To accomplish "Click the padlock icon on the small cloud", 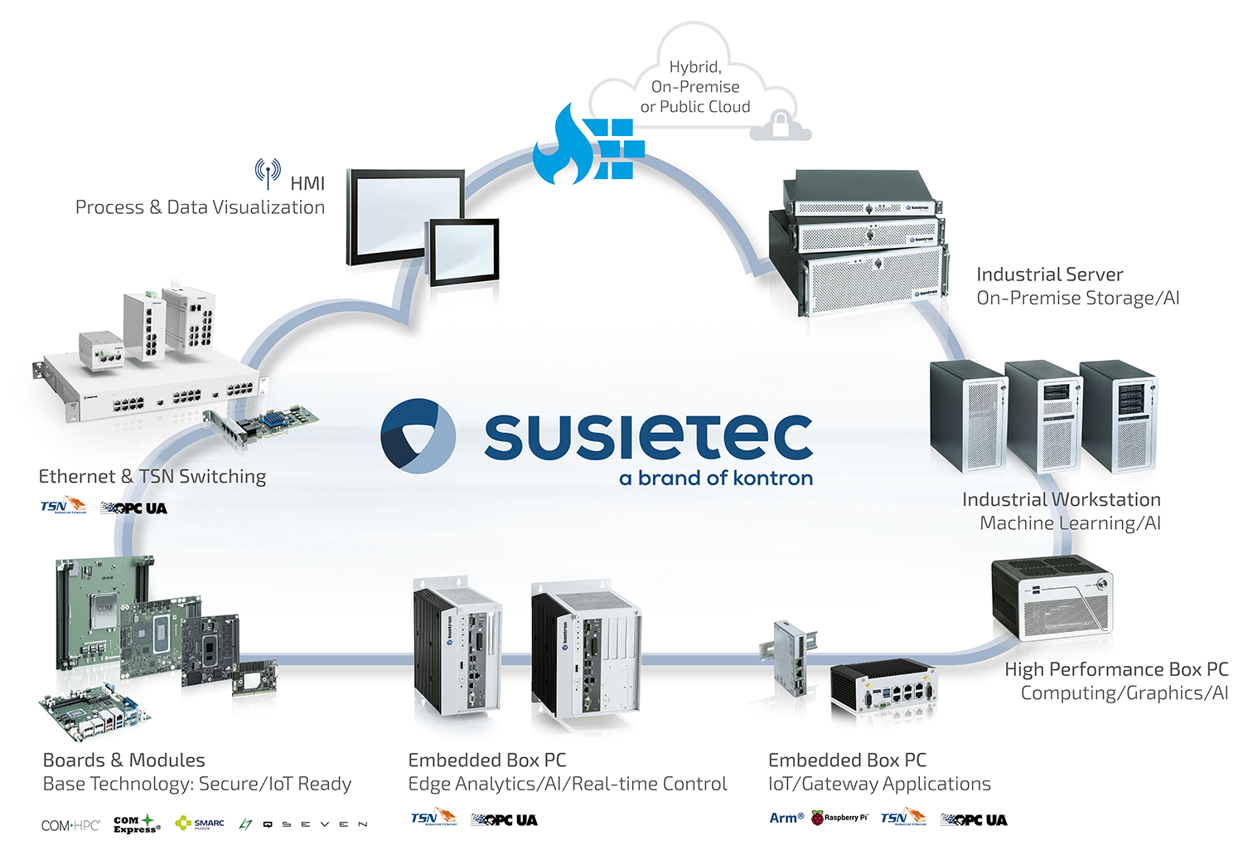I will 780,125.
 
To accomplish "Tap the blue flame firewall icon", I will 587,146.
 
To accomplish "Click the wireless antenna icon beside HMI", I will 267,172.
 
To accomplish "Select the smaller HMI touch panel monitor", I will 462,250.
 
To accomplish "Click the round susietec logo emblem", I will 418,436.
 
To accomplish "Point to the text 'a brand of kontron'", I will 716,479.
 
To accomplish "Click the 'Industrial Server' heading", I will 1049,275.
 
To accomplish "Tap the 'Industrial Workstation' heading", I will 1061,499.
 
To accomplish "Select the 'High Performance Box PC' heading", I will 1115,669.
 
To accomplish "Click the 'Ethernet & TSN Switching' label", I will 152,476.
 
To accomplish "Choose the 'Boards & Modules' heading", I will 123,760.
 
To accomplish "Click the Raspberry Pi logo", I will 839,818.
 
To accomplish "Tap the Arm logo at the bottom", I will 786,818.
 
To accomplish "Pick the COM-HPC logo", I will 70,825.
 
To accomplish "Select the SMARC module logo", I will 200,824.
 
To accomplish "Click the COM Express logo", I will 136,824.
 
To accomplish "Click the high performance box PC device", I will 1052,597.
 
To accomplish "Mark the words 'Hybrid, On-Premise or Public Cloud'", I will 695,86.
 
